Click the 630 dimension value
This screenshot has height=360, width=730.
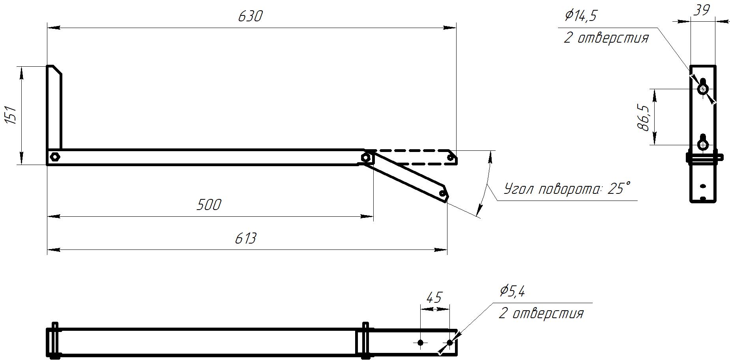point(250,16)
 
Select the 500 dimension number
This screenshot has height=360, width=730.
point(209,205)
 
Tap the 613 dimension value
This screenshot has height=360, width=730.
point(245,238)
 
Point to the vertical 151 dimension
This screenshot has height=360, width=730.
point(12,115)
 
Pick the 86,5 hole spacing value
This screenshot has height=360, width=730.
point(643,117)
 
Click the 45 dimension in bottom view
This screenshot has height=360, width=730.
point(434,297)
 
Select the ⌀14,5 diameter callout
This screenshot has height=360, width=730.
point(581,15)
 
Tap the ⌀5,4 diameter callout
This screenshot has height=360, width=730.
point(512,291)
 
